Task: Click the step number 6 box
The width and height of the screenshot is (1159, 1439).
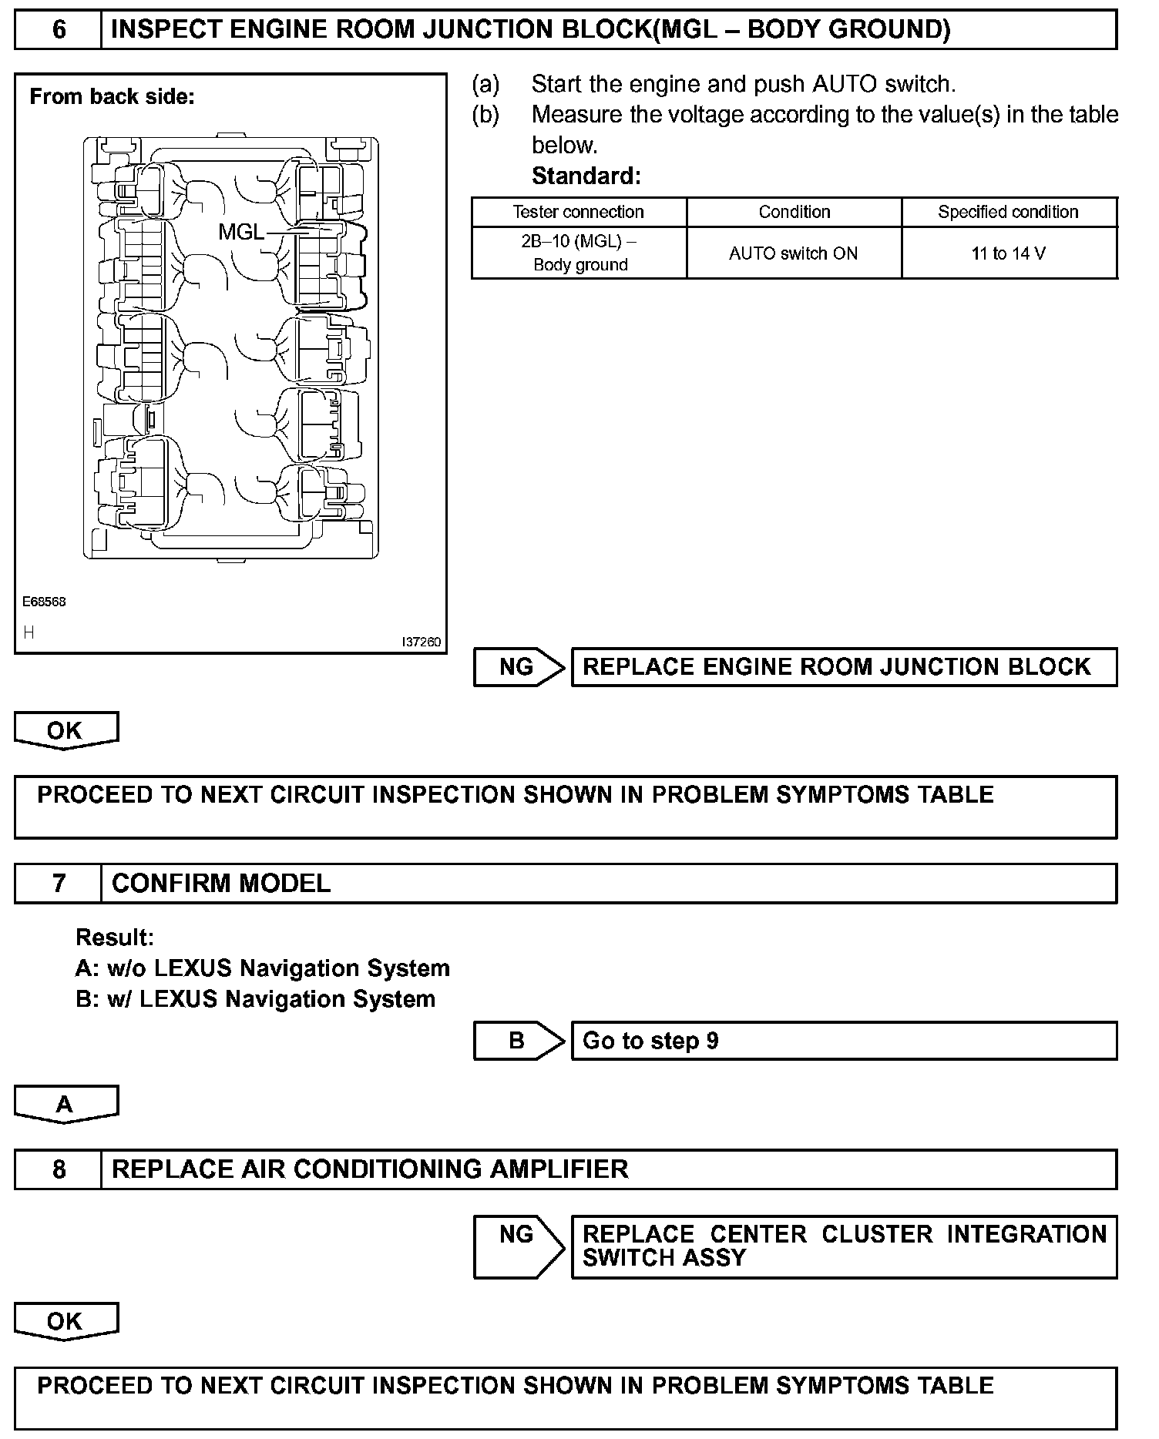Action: coord(59,30)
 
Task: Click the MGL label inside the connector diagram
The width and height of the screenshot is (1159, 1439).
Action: coord(240,231)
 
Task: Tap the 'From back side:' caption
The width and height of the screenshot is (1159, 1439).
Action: coord(112,96)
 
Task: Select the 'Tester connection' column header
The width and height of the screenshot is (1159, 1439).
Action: coord(578,212)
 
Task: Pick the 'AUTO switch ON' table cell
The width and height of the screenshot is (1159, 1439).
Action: coord(793,253)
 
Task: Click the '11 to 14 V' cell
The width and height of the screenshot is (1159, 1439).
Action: coord(1008,253)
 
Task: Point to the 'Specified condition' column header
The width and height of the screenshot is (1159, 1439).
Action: coord(1008,212)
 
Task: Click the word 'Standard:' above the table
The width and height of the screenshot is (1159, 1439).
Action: coord(586,176)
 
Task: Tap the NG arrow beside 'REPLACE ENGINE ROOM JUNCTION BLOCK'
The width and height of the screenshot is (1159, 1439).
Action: coord(518,667)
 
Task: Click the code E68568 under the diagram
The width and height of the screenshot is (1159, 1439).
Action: coord(44,602)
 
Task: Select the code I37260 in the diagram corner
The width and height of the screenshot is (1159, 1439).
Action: coord(421,642)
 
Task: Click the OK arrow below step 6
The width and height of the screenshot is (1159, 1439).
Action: coord(66,730)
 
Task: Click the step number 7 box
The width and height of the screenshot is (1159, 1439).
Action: coord(59,883)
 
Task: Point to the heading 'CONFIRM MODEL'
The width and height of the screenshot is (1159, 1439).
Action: coord(221,883)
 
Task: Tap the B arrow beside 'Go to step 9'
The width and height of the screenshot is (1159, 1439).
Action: coord(518,1041)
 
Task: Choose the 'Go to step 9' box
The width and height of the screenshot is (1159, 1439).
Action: coord(843,1041)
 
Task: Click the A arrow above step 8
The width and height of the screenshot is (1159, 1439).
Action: coord(66,1104)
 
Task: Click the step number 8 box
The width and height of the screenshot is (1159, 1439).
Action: coord(59,1169)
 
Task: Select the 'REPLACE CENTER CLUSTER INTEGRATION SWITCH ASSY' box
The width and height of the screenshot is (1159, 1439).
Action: coord(843,1246)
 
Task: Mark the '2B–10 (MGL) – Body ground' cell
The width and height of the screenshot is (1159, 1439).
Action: coord(579,253)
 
